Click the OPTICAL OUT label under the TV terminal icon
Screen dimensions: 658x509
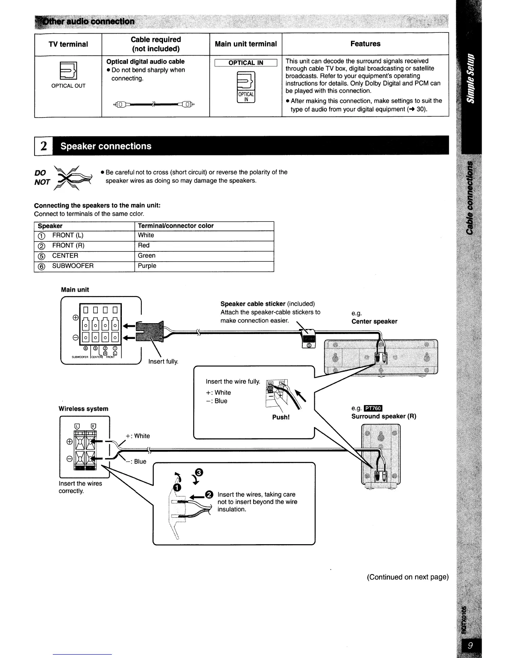[x=68, y=86]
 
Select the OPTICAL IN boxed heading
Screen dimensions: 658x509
[x=246, y=63]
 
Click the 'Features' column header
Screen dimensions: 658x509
[x=365, y=44]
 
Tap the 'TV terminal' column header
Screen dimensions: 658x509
[x=68, y=44]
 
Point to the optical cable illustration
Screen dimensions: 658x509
[x=153, y=104]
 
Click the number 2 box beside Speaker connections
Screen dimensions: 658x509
[x=43, y=146]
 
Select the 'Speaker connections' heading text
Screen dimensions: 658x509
[x=106, y=146]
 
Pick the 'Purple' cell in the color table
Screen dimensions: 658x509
[x=147, y=266]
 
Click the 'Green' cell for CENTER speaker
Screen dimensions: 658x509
[x=147, y=255]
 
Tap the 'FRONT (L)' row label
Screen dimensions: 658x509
[x=68, y=235]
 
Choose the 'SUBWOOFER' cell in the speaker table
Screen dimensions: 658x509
[x=73, y=266]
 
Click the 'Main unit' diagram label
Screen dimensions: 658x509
[x=75, y=290]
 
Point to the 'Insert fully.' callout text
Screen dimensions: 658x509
[x=163, y=361]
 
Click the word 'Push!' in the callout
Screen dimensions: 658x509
[x=281, y=417]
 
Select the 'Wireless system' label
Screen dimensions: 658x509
[x=83, y=409]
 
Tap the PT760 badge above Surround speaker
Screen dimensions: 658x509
[x=373, y=409]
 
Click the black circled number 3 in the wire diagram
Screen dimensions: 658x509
[x=199, y=472]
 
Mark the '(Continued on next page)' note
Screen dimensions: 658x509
[x=408, y=577]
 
